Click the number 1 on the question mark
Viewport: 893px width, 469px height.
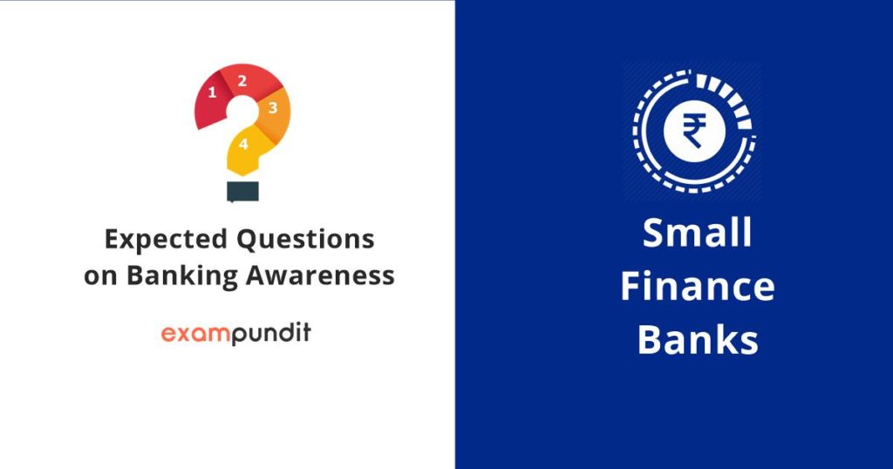pyautogui.click(x=212, y=92)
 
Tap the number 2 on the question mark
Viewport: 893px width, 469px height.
pyautogui.click(x=242, y=81)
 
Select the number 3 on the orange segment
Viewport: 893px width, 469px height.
pyautogui.click(x=272, y=108)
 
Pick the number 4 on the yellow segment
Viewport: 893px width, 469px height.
pyautogui.click(x=243, y=145)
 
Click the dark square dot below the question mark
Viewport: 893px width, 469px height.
pyautogui.click(x=242, y=191)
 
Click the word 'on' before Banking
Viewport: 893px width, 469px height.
pyautogui.click(x=101, y=276)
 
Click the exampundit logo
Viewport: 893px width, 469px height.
pyautogui.click(x=236, y=333)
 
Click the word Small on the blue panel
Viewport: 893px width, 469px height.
pyautogui.click(x=697, y=234)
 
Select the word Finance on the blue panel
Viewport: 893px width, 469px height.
pyautogui.click(x=698, y=287)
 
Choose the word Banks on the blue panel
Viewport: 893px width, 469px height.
pyautogui.click(x=698, y=340)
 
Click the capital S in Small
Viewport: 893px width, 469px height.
pyautogui.click(x=655, y=234)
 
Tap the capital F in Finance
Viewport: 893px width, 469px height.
pyautogui.click(x=631, y=287)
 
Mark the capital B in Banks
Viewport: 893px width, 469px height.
pyautogui.click(x=649, y=340)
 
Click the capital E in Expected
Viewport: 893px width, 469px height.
pyautogui.click(x=111, y=239)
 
